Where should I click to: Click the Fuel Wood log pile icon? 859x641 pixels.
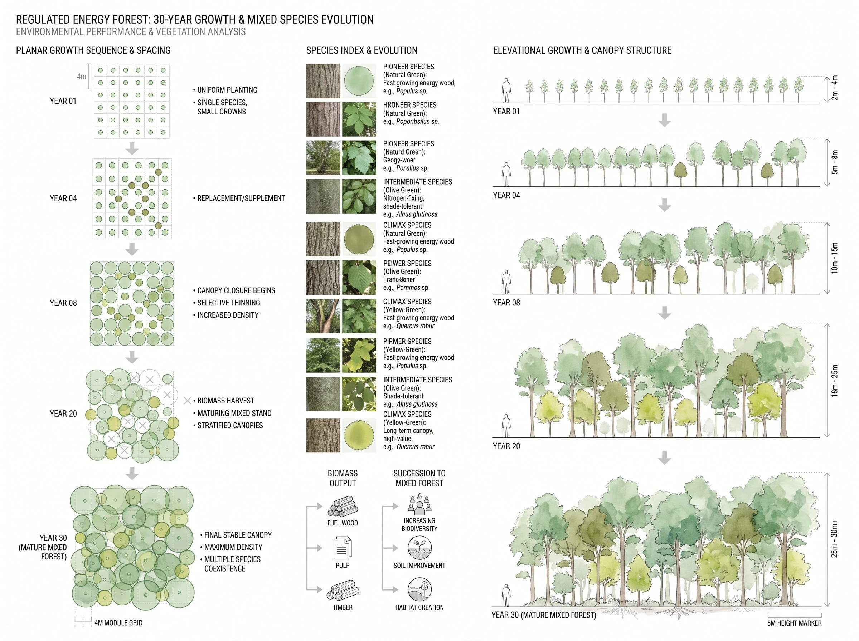pos(343,506)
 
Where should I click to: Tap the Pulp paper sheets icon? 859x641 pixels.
pos(343,548)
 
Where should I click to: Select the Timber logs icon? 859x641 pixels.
pos(343,590)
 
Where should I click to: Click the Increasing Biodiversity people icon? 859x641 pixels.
pos(419,504)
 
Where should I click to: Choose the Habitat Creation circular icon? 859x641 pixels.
pos(419,589)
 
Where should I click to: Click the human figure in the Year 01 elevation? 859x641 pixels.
pos(506,90)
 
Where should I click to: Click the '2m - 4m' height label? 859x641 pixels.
pos(835,88)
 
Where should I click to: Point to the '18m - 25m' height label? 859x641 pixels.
pos(835,381)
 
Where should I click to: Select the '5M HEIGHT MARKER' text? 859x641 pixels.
pos(794,623)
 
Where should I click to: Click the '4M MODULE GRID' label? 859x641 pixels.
pos(118,623)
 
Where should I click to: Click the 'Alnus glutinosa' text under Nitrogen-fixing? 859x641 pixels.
pos(417,214)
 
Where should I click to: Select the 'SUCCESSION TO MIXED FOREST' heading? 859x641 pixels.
pos(419,478)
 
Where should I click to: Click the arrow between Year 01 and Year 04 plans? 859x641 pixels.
pos(132,148)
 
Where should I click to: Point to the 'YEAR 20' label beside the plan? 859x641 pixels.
pos(63,414)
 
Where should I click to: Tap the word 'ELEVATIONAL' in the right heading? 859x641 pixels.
pos(519,50)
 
